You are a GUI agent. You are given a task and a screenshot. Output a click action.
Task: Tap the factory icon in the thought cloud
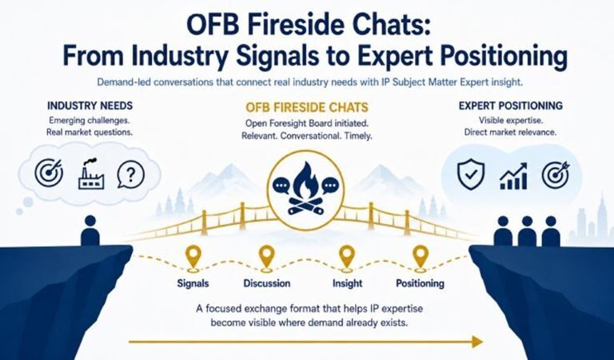[91, 174]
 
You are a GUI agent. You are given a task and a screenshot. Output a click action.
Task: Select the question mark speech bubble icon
[131, 174]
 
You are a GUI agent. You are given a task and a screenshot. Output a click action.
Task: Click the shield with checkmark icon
[471, 174]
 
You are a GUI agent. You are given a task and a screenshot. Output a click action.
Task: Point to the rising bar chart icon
[514, 176]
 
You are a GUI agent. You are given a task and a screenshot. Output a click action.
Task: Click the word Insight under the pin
[347, 283]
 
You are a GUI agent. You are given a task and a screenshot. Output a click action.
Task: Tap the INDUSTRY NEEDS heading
[90, 106]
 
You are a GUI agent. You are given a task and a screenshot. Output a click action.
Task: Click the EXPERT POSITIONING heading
[511, 106]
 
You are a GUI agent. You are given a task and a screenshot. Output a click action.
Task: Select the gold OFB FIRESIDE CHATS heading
[307, 107]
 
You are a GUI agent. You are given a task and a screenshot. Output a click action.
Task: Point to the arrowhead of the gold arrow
[478, 342]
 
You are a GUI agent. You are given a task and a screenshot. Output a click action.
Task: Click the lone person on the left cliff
[90, 230]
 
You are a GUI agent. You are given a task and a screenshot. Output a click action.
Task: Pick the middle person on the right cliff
[527, 231]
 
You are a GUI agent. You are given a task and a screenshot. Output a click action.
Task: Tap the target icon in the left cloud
[49, 173]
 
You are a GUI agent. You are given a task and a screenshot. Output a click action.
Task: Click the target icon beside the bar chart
[556, 174]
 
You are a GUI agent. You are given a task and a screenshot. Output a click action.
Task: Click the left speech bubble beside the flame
[281, 185]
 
